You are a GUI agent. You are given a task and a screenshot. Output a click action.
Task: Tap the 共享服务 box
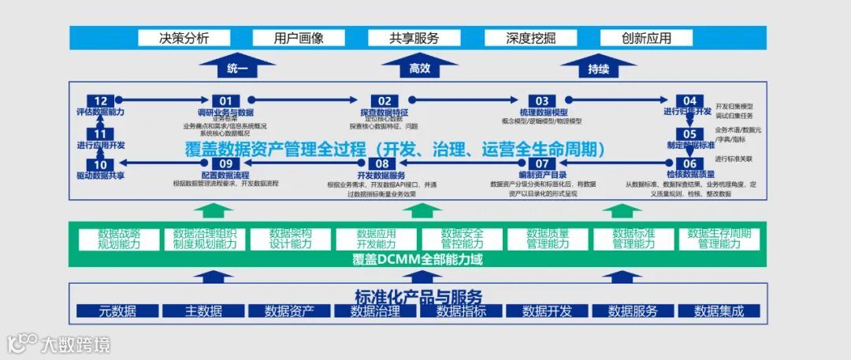414,38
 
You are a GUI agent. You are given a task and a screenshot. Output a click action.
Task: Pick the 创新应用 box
646,38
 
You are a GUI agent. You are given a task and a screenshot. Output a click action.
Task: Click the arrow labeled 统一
236,67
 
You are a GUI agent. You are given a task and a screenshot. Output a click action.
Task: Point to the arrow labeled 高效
419,67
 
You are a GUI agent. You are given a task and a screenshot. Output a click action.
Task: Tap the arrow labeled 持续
598,67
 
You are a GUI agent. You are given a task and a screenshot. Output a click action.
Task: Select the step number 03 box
542,101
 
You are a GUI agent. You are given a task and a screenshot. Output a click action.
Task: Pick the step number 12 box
100,101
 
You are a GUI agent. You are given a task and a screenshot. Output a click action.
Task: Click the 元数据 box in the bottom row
117,311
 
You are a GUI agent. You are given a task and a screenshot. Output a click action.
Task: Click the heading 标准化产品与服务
418,295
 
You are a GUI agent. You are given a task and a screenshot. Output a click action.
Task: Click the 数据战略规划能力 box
118,239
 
